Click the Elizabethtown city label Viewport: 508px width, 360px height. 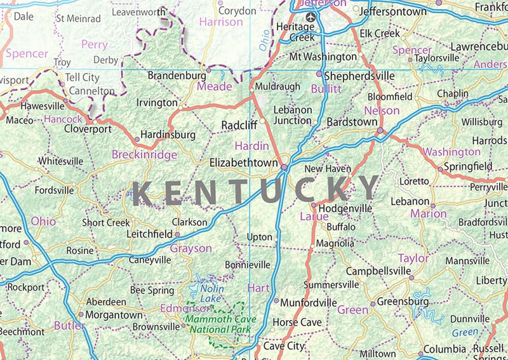[244, 163]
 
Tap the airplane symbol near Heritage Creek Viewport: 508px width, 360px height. [310, 17]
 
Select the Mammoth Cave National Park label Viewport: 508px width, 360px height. [217, 324]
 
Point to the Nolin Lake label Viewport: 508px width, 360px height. [212, 293]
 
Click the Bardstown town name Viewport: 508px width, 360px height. [352, 121]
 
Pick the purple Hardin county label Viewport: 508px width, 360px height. [252, 146]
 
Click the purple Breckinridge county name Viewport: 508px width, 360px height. [144, 154]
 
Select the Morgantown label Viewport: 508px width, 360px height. [114, 315]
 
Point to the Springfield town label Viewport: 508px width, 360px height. [469, 166]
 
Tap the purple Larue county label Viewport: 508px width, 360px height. [314, 217]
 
